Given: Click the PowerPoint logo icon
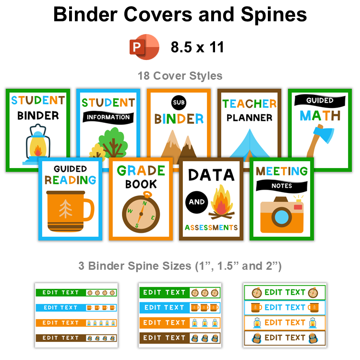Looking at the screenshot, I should click(144, 47).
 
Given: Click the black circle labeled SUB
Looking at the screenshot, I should click(178, 102).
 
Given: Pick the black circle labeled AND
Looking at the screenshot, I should click(197, 202).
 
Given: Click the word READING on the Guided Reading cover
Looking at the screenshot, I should click(71, 180).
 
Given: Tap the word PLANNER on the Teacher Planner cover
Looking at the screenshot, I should click(250, 117).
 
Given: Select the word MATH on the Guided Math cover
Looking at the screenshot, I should click(320, 115).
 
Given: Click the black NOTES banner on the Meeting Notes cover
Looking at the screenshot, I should click(282, 185).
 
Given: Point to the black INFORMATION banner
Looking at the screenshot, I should click(108, 117).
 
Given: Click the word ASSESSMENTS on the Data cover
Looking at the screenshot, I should click(211, 227).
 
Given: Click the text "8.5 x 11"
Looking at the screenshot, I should click(197, 47).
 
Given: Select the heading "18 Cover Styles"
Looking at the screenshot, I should click(180, 76).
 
